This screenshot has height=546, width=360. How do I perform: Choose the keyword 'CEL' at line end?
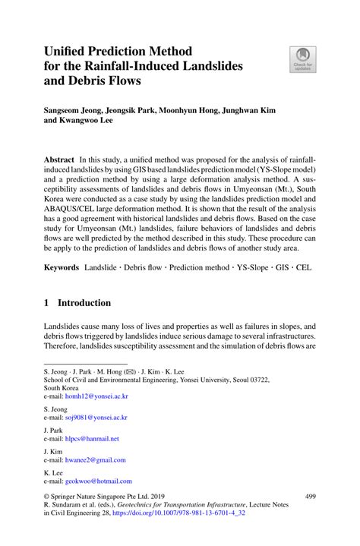click(x=303, y=268)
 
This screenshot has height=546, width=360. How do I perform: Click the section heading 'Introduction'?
click(x=86, y=302)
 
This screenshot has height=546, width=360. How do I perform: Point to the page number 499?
click(x=310, y=496)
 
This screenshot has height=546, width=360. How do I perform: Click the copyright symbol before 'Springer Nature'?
click(x=46, y=496)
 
